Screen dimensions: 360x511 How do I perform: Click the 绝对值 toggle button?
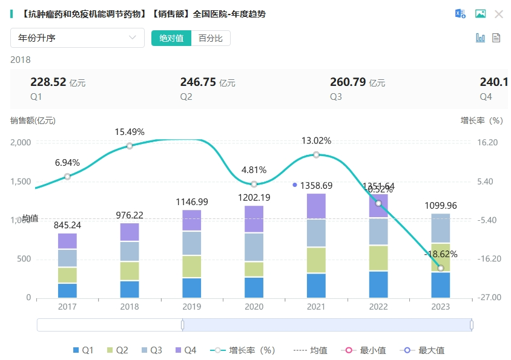[171, 38]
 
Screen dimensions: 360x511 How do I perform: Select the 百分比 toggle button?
[211, 38]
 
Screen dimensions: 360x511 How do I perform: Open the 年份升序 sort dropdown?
[77, 38]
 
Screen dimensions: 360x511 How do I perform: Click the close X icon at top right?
[499, 14]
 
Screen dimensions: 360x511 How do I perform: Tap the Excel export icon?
[461, 14]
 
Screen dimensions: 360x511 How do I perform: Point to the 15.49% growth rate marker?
[130, 146]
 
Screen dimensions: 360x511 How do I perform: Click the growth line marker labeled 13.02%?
[316, 155]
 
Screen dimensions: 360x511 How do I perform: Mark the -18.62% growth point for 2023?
[440, 268]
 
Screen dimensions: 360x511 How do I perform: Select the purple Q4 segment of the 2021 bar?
[316, 206]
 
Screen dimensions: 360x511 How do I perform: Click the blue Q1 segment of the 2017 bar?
[67, 290]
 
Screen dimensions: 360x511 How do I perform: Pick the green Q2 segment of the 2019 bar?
[192, 266]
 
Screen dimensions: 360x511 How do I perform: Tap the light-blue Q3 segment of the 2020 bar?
[254, 247]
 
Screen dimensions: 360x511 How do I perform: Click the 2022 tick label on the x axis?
[378, 307]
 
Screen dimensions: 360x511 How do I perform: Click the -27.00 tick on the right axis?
[490, 298]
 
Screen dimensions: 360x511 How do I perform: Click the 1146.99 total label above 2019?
[192, 201]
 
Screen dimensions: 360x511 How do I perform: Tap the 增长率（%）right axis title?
[482, 120]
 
